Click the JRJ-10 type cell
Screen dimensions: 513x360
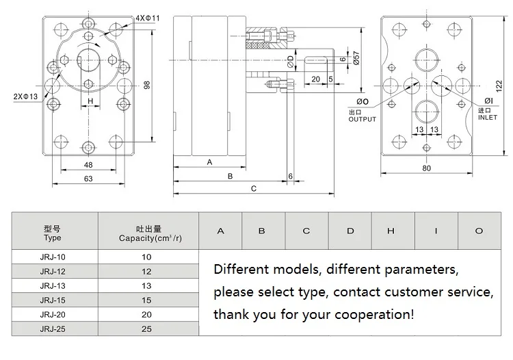53,257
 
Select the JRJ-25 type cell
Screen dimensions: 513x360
53,329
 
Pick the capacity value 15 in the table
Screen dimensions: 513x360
146,300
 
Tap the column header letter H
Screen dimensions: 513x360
391,231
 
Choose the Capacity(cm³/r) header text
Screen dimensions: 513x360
150,238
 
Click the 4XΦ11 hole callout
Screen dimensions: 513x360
148,18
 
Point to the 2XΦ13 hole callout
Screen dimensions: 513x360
25,97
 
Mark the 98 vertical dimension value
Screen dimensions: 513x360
147,85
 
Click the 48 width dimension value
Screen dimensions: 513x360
88,165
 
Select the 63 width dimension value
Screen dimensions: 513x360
88,179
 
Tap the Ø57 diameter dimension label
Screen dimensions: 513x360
356,58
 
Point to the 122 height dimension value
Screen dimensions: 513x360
499,86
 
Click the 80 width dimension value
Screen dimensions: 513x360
426,168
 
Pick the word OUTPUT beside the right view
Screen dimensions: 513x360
362,120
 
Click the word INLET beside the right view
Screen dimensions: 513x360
488,118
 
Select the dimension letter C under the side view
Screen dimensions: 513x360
254,189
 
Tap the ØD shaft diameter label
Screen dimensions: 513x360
290,61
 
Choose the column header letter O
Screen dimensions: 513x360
479,231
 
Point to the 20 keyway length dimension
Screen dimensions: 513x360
316,79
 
